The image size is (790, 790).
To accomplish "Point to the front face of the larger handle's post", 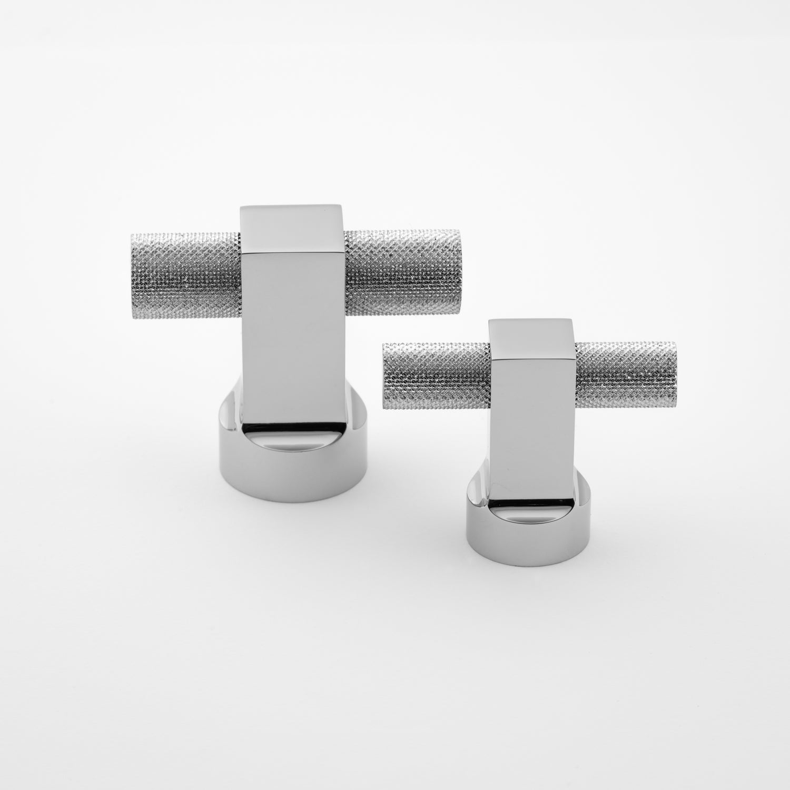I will [292, 337].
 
